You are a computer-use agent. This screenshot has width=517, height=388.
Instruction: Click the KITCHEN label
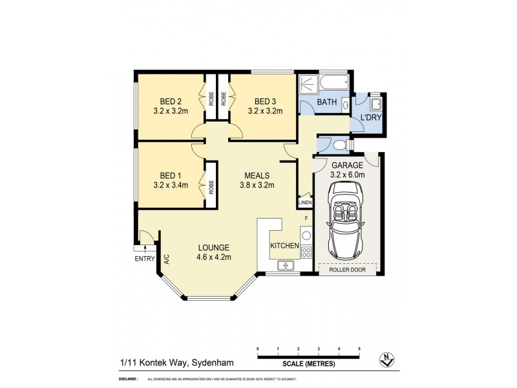pyautogui.click(x=284, y=246)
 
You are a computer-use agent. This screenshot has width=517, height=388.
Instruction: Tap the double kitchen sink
pyautogui.click(x=285, y=264)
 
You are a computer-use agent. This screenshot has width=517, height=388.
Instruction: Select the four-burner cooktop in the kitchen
pyautogui.click(x=307, y=253)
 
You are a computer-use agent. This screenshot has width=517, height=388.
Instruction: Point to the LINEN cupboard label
pyautogui.click(x=305, y=203)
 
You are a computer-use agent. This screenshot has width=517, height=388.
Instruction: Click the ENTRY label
pyautogui.click(x=143, y=259)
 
